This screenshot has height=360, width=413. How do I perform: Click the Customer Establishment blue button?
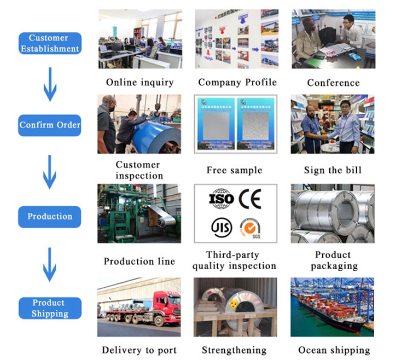(50, 43)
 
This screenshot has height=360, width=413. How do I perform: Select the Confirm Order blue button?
(50, 125)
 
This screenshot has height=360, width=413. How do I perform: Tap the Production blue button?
(50, 216)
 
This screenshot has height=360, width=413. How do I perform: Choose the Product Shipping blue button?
(50, 308)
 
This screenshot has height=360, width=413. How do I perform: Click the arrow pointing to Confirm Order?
(50, 84)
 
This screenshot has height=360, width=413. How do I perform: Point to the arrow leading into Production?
(50, 171)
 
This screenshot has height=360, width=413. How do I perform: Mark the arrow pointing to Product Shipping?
(50, 264)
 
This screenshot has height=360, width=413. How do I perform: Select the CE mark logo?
(252, 199)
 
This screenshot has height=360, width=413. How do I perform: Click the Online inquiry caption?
(139, 83)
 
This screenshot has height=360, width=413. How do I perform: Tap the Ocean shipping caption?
(334, 350)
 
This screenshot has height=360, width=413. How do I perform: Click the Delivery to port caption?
(140, 350)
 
